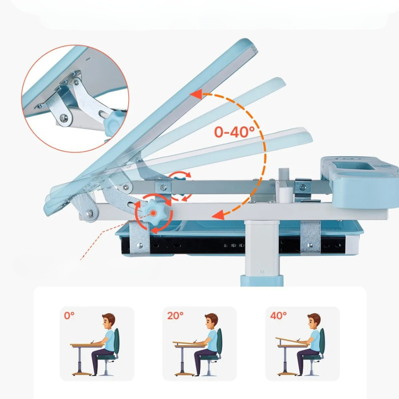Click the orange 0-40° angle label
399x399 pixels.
[234, 132]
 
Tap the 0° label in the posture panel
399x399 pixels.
[69, 316]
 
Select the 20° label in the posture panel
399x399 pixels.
[175, 316]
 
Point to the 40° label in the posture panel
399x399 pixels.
[278, 316]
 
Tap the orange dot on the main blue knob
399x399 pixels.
[153, 213]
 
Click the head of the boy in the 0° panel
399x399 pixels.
[108, 321]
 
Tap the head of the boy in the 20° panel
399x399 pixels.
[211, 321]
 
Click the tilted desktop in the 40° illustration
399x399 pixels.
[292, 341]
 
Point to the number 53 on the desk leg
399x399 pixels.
[262, 272]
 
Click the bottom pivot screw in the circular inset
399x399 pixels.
[64, 118]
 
